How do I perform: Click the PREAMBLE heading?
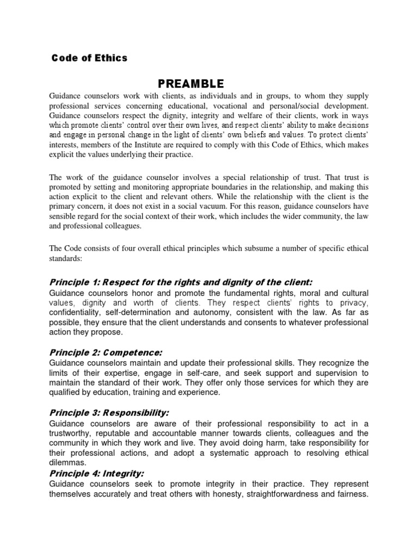[190, 84]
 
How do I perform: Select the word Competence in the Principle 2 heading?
[133, 352]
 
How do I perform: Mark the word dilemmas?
[67, 463]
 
